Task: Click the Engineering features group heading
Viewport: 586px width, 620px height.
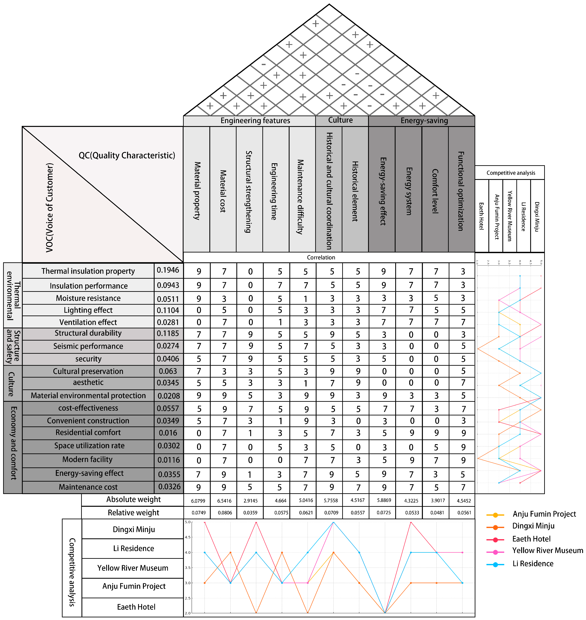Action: [x=255, y=121]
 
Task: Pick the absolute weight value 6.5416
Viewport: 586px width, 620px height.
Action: [x=224, y=501]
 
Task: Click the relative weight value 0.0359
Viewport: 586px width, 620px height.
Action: [x=250, y=513]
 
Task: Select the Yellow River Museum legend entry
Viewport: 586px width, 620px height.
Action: [x=547, y=551]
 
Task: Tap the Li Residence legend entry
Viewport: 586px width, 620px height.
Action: [x=533, y=564]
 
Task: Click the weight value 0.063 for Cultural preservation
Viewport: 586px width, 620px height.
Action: [x=168, y=371]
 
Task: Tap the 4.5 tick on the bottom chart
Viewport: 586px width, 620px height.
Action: [x=187, y=537]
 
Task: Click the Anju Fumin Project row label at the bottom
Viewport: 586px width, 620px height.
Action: [x=134, y=586]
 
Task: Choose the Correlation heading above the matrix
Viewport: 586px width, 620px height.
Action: [x=321, y=257]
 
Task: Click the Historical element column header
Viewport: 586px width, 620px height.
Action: [x=355, y=191]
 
